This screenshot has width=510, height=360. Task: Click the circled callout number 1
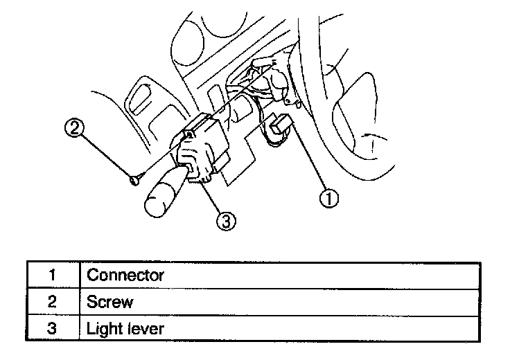tap(328, 198)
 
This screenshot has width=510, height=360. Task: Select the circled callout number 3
tap(226, 220)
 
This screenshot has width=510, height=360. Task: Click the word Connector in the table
tap(125, 275)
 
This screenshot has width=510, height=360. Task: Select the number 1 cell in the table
tap(52, 275)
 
